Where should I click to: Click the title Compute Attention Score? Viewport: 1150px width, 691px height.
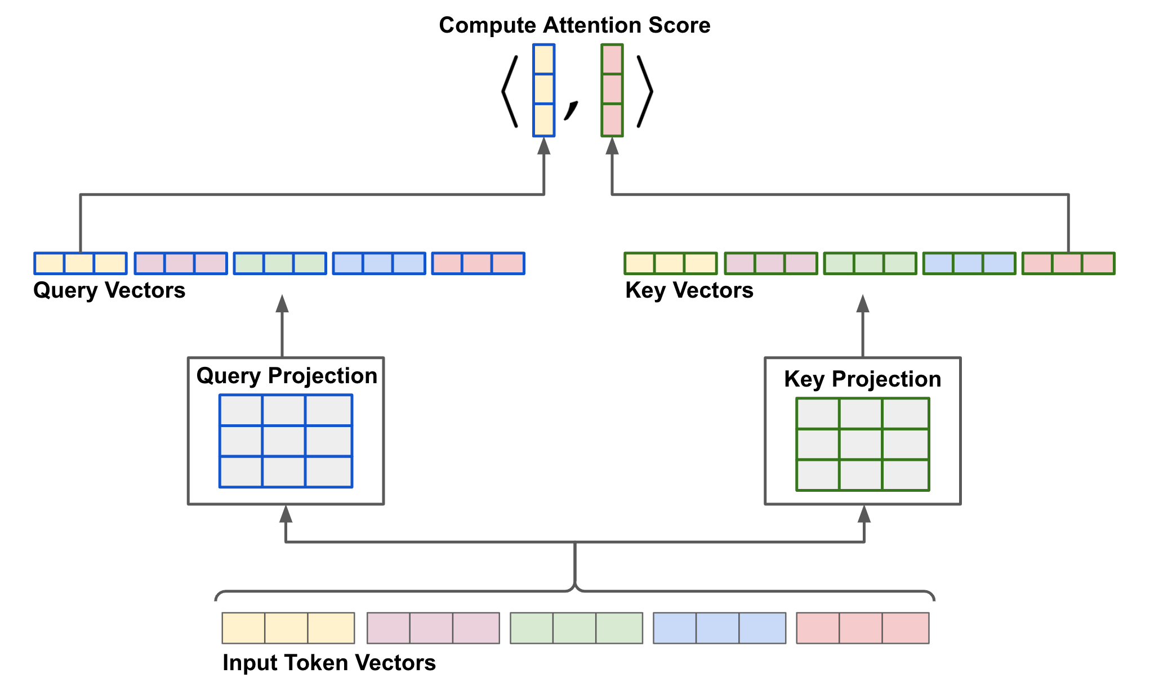574,25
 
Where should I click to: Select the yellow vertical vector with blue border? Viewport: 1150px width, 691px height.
543,90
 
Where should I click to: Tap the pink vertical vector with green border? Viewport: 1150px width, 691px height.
612,90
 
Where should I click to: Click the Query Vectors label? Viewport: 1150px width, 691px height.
109,290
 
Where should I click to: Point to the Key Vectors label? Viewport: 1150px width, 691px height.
689,290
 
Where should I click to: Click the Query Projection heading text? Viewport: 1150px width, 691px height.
287,376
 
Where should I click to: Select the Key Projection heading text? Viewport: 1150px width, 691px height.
862,379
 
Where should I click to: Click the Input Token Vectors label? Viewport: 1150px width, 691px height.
329,663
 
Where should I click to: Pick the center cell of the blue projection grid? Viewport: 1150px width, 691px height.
284,441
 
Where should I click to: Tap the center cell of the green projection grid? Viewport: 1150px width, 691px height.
861,445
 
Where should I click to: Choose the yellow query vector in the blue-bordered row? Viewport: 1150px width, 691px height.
81,263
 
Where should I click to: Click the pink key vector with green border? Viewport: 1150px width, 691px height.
1068,263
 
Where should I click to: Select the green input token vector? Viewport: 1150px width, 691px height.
576,628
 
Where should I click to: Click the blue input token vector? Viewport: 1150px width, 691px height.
719,628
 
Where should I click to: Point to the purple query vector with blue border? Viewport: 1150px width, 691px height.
181,263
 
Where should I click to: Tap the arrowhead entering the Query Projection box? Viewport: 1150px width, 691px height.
286,513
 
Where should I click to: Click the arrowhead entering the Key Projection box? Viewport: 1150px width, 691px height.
864,513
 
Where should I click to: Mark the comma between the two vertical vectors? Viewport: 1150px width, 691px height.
571,110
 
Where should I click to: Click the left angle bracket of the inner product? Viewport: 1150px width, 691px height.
510,91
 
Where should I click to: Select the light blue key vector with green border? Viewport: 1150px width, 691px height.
969,263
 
